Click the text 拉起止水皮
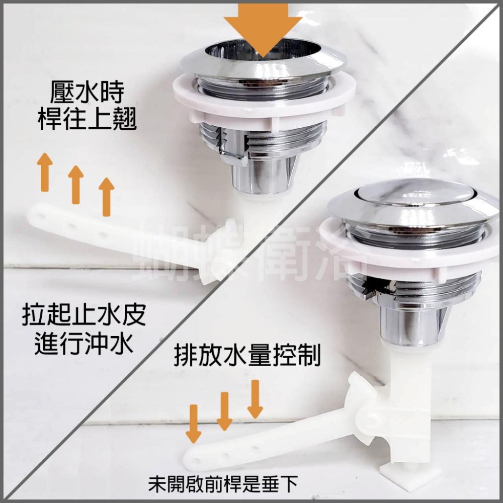coord(83,317)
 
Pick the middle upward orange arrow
coord(75,184)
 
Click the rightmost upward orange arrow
coord(106,197)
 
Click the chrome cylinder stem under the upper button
coord(262,176)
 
